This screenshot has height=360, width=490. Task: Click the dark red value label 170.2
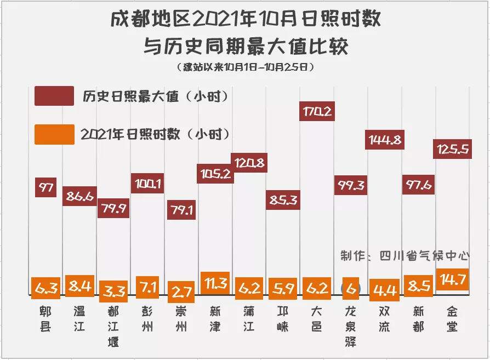[x=317, y=112]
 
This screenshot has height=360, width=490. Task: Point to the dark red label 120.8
[x=250, y=163]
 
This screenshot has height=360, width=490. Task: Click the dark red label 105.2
[x=215, y=174]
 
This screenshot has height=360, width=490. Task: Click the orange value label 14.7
[x=452, y=279]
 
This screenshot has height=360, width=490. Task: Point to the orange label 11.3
[x=215, y=283]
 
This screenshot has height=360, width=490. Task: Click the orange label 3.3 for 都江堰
[x=113, y=290]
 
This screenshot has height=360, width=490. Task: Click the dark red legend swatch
[x=54, y=96]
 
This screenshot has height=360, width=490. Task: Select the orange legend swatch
[x=54, y=134]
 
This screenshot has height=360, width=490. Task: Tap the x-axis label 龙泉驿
[x=351, y=327]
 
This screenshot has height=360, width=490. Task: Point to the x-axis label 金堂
[x=452, y=319]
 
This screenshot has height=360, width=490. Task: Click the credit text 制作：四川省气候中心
[x=405, y=256]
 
